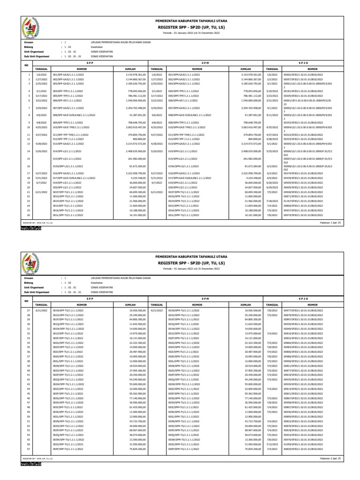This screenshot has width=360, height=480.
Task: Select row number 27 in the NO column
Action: [29, 310]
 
